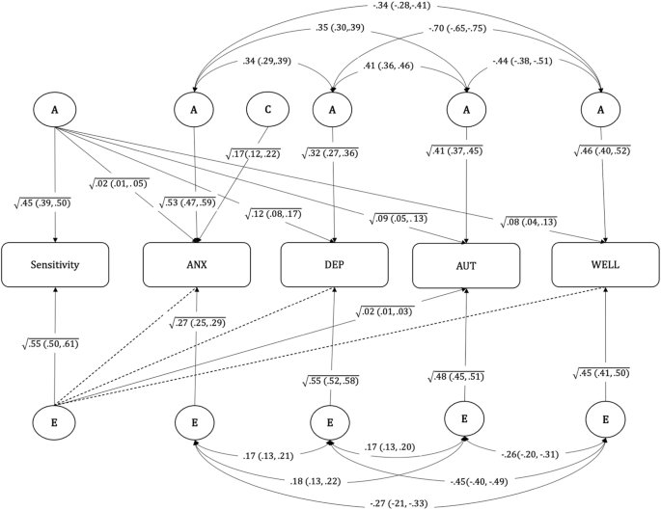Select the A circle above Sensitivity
(55, 110)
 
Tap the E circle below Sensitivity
(55, 421)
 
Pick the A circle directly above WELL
(604, 110)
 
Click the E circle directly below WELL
(604, 421)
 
